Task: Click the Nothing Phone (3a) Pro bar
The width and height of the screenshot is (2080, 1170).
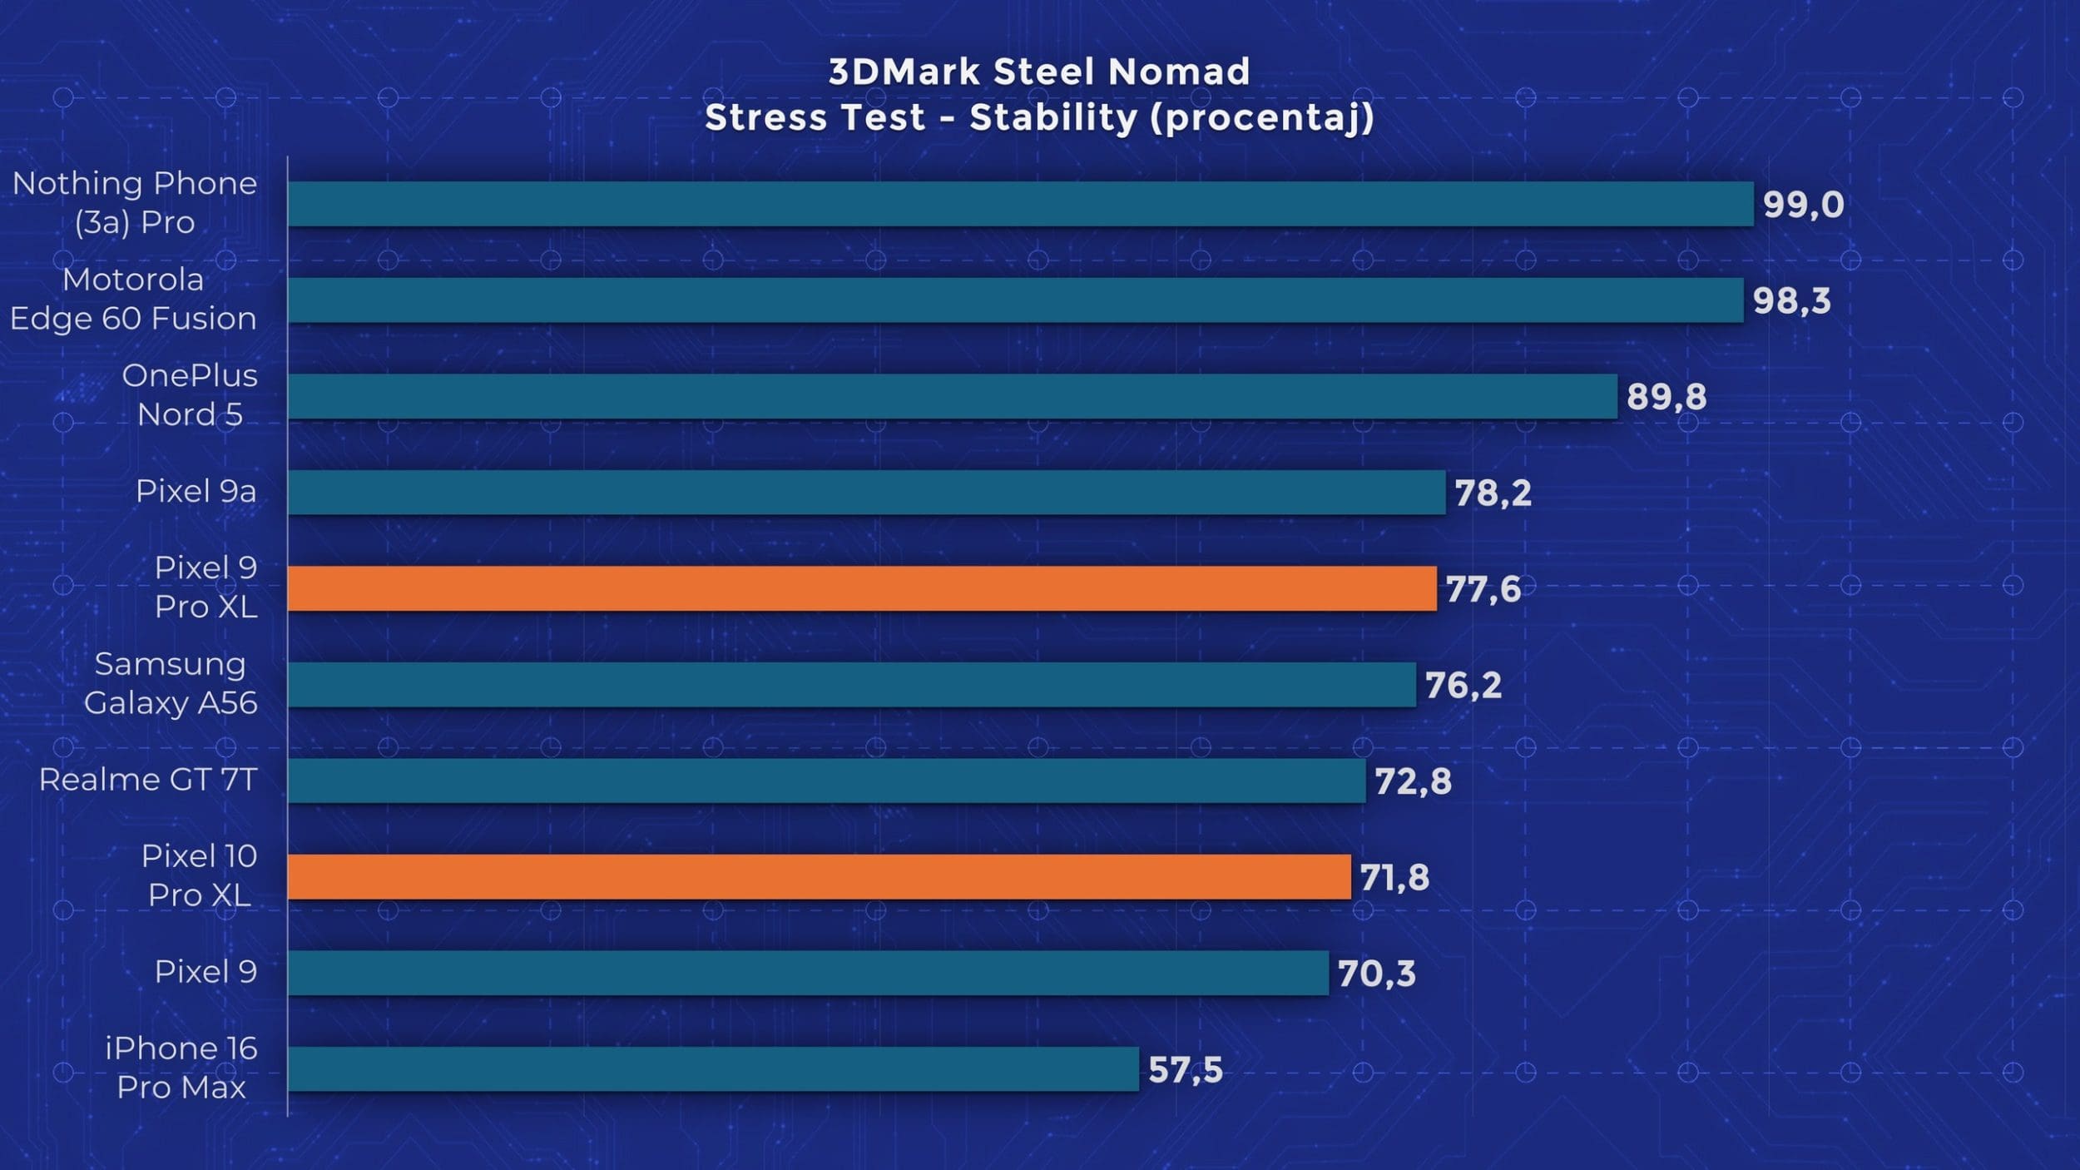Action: click(x=1020, y=204)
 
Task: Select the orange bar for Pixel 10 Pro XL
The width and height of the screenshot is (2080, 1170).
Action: click(x=819, y=877)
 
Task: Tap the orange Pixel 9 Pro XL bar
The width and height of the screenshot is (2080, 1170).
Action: click(x=862, y=588)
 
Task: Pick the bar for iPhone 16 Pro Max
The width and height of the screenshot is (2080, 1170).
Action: click(x=713, y=1069)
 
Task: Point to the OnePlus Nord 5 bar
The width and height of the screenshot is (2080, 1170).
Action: click(x=952, y=396)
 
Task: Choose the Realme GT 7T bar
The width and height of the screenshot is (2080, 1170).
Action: click(x=826, y=781)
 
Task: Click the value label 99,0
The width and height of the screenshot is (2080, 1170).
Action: click(x=1803, y=205)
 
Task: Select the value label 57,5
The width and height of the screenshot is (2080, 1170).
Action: click(x=1185, y=1070)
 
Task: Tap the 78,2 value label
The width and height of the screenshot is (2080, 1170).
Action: click(x=1493, y=493)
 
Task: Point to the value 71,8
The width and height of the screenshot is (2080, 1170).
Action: click(x=1394, y=878)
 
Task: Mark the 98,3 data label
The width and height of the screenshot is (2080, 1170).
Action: click(x=1791, y=301)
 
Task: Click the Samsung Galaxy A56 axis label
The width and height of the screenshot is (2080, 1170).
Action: click(x=171, y=683)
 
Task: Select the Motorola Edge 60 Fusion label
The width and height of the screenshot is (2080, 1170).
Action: click(x=133, y=299)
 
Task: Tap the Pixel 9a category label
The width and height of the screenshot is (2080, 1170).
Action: click(x=196, y=491)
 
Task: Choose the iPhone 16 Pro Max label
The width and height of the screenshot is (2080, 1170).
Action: click(x=181, y=1068)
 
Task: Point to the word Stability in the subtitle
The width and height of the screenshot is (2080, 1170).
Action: click(x=1053, y=118)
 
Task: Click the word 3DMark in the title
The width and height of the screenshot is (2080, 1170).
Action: click(x=904, y=72)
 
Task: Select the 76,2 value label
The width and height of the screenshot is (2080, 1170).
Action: click(x=1463, y=686)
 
